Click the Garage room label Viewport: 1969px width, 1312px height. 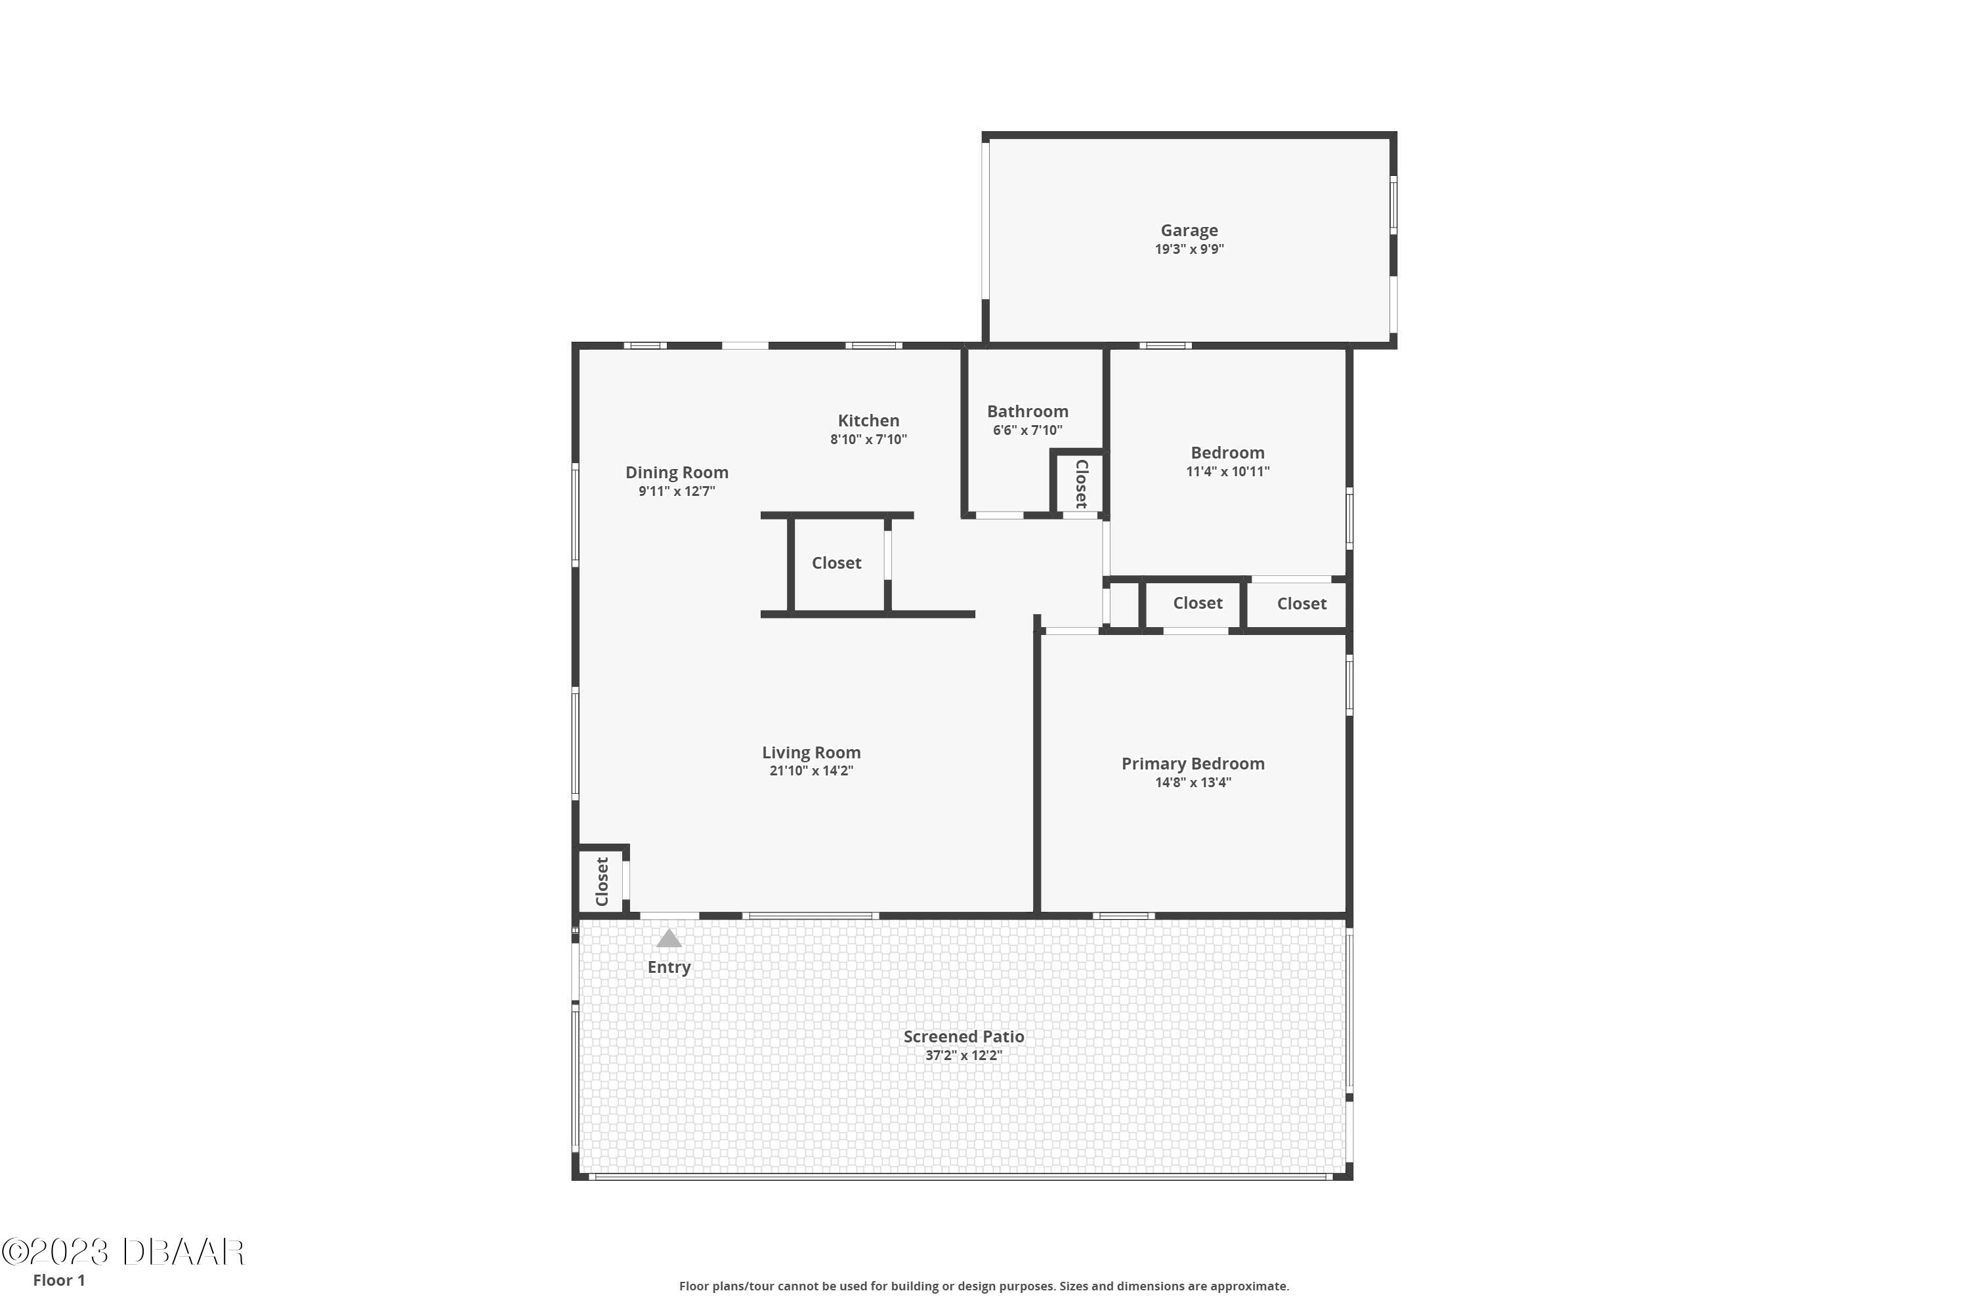(1189, 230)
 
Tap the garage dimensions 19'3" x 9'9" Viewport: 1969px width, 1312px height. (1189, 249)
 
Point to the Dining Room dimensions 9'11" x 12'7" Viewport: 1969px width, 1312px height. (677, 491)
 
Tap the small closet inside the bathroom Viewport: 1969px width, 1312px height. (1080, 483)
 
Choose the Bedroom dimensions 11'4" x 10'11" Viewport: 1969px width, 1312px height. (1227, 472)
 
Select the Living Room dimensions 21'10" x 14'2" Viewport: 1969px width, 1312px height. (811, 771)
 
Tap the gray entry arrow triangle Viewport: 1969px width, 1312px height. (668, 939)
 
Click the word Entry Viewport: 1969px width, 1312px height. (668, 967)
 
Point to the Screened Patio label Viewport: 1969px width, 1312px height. (963, 1036)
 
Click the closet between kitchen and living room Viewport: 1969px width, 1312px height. (836, 563)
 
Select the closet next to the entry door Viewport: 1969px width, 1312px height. (601, 881)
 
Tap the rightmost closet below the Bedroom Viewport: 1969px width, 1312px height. (1301, 604)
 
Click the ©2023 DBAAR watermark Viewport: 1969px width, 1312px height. (123, 1252)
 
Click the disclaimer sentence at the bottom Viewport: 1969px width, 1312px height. (984, 1286)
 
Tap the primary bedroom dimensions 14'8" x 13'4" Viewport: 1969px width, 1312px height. (1192, 783)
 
